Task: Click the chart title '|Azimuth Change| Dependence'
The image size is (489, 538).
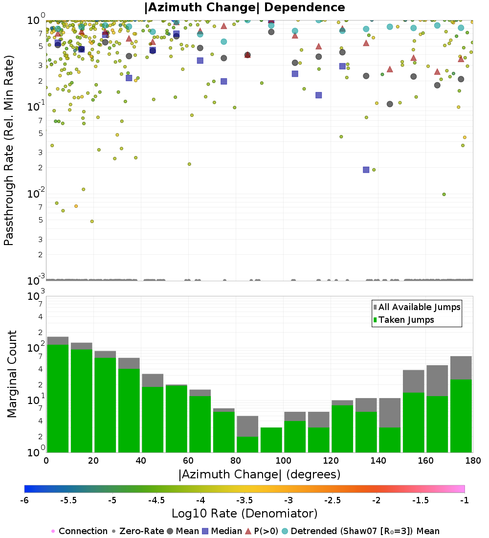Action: (x=244, y=8)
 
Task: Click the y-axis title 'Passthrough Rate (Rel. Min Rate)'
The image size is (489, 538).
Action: (x=9, y=150)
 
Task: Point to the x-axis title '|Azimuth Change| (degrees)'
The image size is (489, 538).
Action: (x=260, y=474)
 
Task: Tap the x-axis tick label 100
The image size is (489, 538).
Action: (x=283, y=461)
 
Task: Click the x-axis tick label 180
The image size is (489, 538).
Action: (x=473, y=461)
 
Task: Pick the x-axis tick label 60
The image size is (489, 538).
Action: (x=188, y=461)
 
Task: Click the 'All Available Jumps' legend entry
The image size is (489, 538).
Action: (x=419, y=307)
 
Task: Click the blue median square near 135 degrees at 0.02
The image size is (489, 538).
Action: (x=366, y=170)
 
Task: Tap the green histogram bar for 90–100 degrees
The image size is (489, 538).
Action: (x=271, y=440)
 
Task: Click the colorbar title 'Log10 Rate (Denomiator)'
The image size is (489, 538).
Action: (x=244, y=514)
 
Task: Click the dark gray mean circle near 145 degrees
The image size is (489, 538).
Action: (x=390, y=104)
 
